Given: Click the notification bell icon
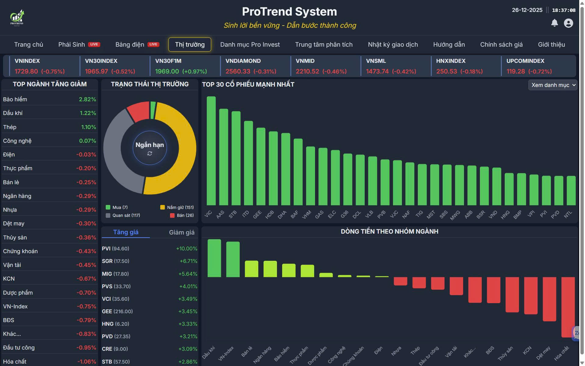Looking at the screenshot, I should click(555, 23).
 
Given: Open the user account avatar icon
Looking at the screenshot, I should click(568, 23).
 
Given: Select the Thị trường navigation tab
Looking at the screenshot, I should click(190, 45).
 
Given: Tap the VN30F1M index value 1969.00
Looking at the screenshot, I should click(167, 71).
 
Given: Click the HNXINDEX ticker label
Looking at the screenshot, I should click(451, 61).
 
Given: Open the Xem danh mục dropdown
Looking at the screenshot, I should click(553, 85).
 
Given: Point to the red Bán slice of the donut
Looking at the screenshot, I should click(138, 111).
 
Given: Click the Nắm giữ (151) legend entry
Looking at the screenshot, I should click(177, 207).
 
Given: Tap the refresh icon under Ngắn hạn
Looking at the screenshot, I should click(150, 153).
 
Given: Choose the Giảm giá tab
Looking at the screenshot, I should click(182, 232).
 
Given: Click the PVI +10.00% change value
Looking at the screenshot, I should click(186, 249).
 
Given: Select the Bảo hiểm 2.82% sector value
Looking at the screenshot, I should click(87, 99).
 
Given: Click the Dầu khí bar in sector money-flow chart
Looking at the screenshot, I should click(214, 258).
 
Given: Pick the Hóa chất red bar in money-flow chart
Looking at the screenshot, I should click(568, 307).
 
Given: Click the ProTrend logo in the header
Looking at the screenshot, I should click(17, 18).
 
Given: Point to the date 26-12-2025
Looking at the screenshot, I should click(527, 10).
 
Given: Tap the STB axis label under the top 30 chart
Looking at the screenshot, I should click(233, 214).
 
